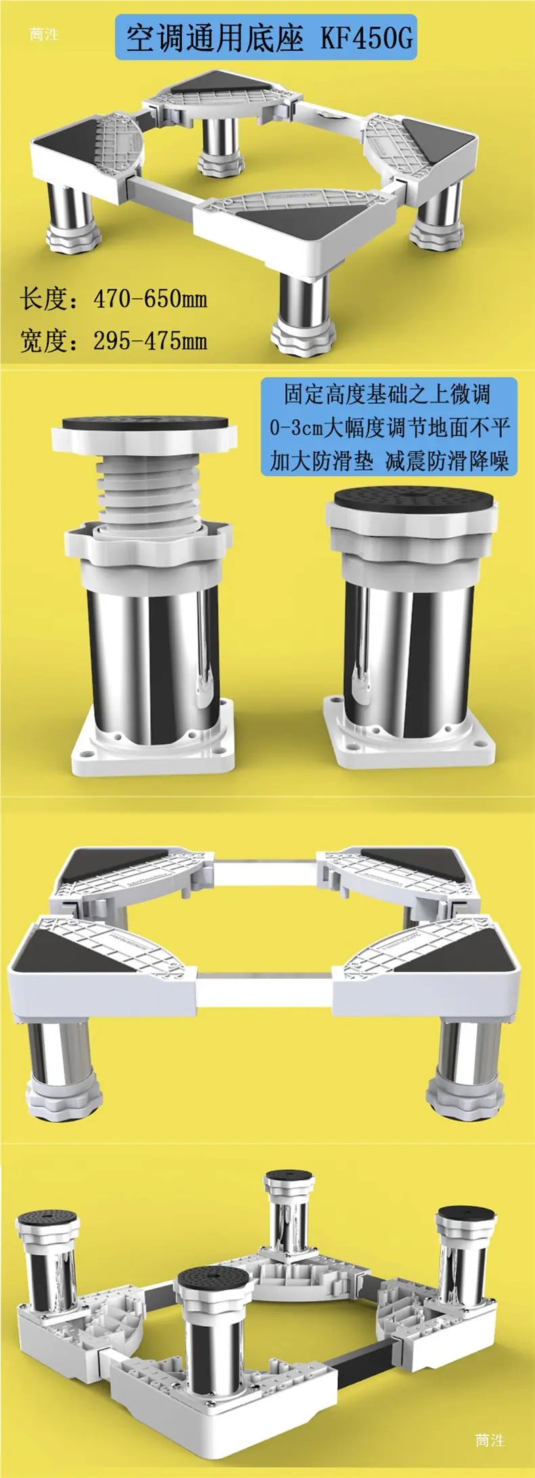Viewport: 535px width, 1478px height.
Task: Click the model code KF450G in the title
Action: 366,39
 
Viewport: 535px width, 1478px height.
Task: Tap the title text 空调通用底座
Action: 214,39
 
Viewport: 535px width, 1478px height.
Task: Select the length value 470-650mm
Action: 150,298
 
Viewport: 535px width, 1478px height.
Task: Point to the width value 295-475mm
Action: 150,340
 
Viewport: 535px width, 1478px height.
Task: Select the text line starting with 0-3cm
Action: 389,427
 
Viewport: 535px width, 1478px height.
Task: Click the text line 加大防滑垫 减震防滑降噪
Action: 389,461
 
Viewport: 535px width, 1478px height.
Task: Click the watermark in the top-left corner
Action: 44,34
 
